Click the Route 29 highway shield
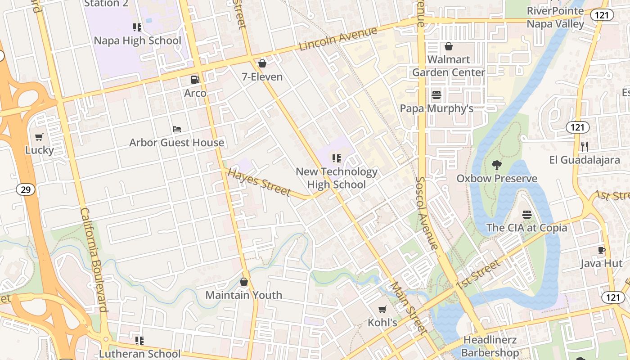(x=26, y=189)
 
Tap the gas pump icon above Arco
(x=195, y=80)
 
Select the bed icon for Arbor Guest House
(x=177, y=129)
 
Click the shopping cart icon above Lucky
(x=39, y=137)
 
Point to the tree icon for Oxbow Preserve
(x=497, y=165)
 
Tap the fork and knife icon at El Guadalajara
(x=585, y=146)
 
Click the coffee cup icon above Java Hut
(x=601, y=250)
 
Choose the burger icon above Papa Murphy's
(x=436, y=95)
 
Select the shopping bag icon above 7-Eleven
(x=262, y=63)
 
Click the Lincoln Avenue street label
(x=337, y=39)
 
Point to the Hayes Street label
(x=259, y=182)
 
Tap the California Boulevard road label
(x=94, y=260)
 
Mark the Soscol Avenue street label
(x=426, y=212)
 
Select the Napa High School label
(x=137, y=40)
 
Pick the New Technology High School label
(x=336, y=178)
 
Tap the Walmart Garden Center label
(x=449, y=66)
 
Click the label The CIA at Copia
(x=526, y=228)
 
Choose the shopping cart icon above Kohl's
(x=382, y=309)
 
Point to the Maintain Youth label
(x=244, y=295)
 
